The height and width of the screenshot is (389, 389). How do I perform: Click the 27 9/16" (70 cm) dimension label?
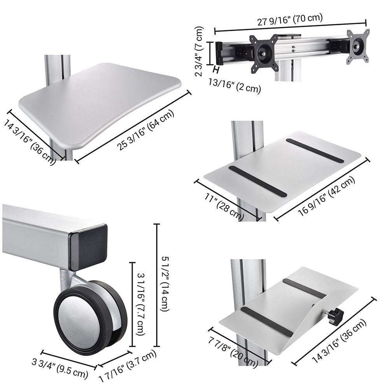tap(290, 19)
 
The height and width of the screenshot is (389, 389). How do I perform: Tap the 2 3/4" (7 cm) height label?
tap(199, 51)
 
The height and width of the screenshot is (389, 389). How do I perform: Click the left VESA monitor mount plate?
tap(263, 54)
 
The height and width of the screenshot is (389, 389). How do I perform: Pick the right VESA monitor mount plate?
tap(358, 46)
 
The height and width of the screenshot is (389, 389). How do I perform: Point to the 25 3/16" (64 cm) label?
tap(145, 130)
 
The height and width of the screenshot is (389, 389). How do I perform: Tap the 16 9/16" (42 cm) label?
tap(326, 196)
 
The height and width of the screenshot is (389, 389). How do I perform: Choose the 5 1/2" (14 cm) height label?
tap(166, 284)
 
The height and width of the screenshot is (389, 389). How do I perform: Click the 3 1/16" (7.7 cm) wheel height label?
tap(141, 304)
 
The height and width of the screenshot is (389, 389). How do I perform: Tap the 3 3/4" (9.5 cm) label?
tap(60, 369)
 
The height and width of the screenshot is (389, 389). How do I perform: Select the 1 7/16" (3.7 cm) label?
tap(128, 366)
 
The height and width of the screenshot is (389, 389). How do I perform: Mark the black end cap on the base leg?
tap(88, 247)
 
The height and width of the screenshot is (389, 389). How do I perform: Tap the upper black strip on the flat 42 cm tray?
tap(315, 150)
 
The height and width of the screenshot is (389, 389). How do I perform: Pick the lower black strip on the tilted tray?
tap(267, 322)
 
